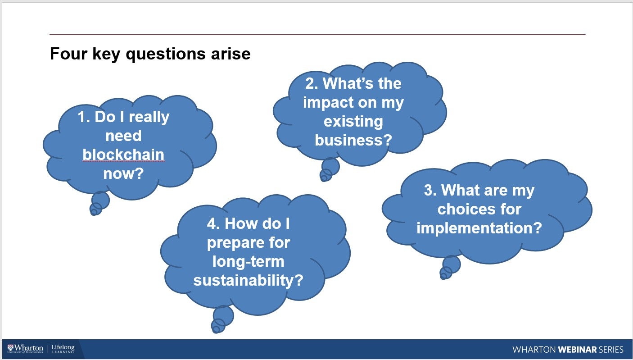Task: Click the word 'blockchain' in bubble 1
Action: click(123, 155)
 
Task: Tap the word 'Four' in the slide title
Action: click(68, 54)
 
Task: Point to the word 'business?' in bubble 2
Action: click(353, 140)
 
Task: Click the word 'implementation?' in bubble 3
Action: click(479, 228)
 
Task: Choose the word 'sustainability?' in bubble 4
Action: click(248, 280)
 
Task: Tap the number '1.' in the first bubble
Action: click(84, 117)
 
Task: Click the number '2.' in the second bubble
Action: click(312, 83)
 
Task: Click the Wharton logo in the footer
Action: click(25, 349)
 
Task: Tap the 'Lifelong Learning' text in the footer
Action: click(63, 349)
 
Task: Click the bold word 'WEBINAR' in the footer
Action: click(577, 350)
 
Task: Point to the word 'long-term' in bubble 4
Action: click(248, 262)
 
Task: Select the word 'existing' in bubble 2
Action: click(353, 122)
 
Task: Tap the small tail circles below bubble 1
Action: click(99, 203)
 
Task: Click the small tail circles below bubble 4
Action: click(222, 319)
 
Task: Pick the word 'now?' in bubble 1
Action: click(123, 173)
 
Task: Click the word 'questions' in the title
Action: click(166, 54)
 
